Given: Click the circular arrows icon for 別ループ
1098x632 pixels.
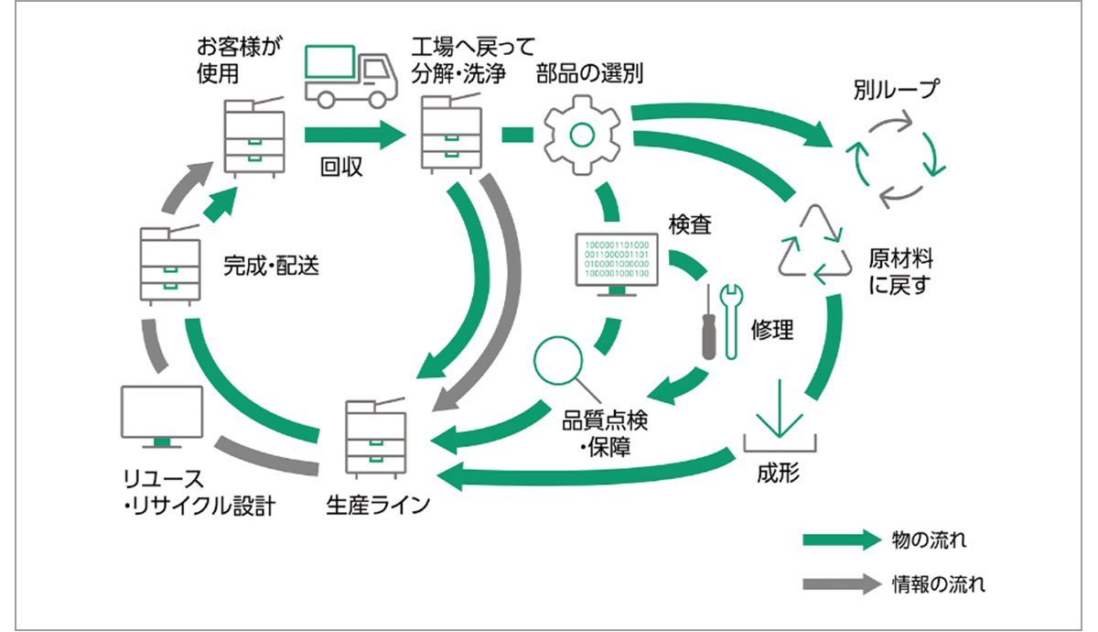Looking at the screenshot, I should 894,157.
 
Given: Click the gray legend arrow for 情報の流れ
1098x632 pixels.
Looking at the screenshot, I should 839,583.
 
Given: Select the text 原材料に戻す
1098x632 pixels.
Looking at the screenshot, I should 900,271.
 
